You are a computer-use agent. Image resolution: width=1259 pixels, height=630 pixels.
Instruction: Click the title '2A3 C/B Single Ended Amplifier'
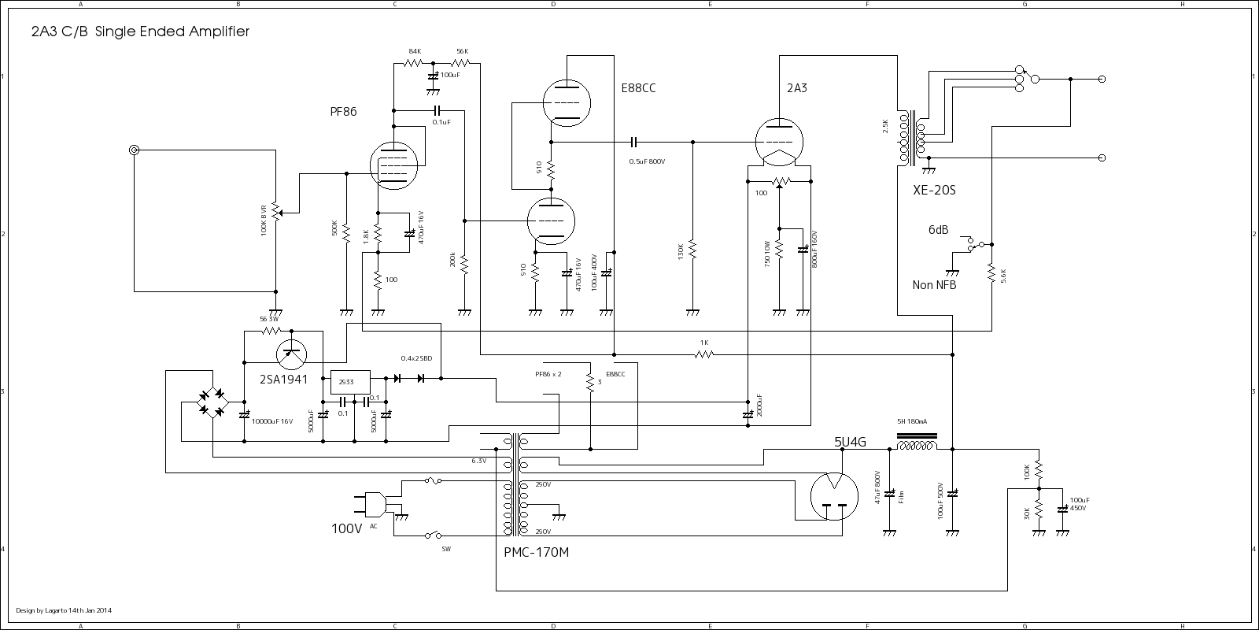(x=140, y=32)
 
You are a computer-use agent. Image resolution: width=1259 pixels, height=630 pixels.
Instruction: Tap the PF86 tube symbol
(x=393, y=166)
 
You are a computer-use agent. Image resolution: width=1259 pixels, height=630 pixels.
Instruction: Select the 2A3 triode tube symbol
(x=779, y=143)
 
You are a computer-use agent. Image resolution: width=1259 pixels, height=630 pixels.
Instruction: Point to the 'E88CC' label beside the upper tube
(x=637, y=88)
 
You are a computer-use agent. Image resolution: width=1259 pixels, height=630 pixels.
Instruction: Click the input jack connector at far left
(x=135, y=150)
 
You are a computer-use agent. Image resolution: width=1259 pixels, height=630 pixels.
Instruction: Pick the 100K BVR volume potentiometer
(x=275, y=212)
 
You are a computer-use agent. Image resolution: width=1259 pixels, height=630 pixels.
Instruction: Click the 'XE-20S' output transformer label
(x=934, y=191)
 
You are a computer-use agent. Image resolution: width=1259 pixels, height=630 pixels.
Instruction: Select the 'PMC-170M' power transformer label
(x=536, y=552)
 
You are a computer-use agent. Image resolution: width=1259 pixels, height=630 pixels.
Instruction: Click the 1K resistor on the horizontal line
(x=704, y=354)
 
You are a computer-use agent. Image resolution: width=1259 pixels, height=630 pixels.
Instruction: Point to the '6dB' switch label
(x=938, y=230)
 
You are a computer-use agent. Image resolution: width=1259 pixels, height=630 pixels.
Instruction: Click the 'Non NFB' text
(x=934, y=285)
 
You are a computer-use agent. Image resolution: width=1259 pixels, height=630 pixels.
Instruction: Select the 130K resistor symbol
(x=692, y=250)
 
